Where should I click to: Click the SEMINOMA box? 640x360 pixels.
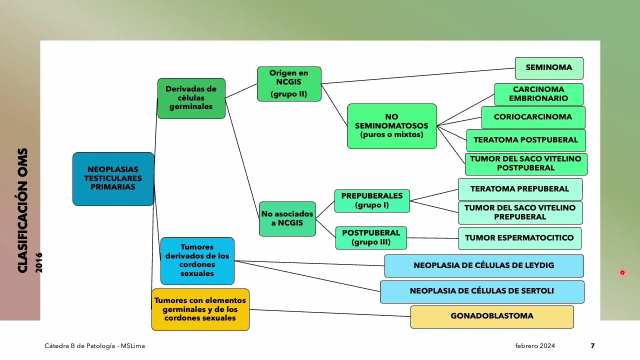pyautogui.click(x=549, y=68)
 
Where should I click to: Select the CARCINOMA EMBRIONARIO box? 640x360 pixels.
pyautogui.click(x=538, y=94)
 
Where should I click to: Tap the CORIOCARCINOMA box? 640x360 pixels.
pyautogui.click(x=533, y=117)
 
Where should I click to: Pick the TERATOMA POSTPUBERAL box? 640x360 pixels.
pyautogui.click(x=526, y=140)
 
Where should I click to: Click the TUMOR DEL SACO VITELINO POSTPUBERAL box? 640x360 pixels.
pyautogui.click(x=526, y=164)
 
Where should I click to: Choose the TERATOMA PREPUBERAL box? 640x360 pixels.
pyautogui.click(x=520, y=189)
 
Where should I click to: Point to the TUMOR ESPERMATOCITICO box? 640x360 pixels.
pyautogui.click(x=519, y=238)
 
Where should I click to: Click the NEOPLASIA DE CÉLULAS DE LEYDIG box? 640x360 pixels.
pyautogui.click(x=483, y=266)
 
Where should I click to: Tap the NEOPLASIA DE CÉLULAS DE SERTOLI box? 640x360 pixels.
pyautogui.click(x=482, y=291)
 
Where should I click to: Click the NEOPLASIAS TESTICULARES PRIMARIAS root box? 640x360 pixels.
pyautogui.click(x=113, y=179)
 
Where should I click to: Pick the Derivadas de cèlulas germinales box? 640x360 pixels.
pyautogui.click(x=191, y=98)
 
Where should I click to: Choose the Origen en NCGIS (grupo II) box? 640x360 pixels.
pyautogui.click(x=289, y=84)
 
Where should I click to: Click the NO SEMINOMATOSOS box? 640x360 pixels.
pyautogui.click(x=391, y=126)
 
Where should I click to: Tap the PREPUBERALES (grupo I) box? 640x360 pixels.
pyautogui.click(x=372, y=201)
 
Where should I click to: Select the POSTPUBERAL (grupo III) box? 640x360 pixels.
pyautogui.click(x=371, y=238)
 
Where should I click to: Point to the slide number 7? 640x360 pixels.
pyautogui.click(x=592, y=346)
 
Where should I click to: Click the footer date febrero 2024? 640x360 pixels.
pyautogui.click(x=535, y=346)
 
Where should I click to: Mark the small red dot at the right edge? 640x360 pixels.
pyautogui.click(x=622, y=272)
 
